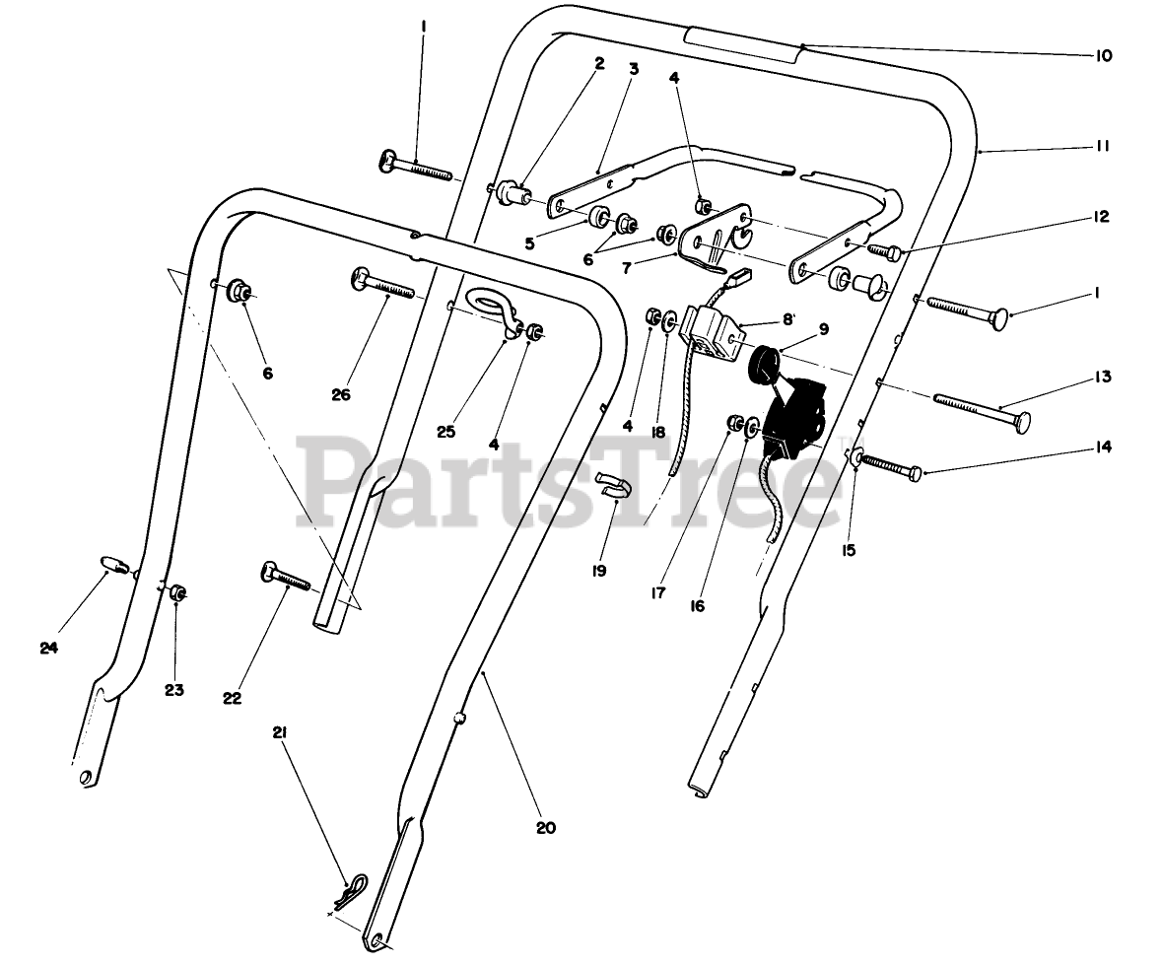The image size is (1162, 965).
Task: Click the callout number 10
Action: [1102, 56]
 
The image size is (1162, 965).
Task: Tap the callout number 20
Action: [546, 828]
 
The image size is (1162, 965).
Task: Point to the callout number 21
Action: [279, 732]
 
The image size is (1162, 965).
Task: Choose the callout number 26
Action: [341, 394]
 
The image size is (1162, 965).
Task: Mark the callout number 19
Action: [598, 570]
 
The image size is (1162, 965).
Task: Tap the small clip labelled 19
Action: [610, 483]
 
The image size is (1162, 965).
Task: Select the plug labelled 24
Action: [115, 565]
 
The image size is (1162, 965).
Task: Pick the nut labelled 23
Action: [178, 592]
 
